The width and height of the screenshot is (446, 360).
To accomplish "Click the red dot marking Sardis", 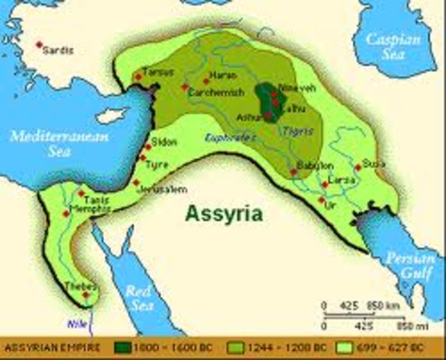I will tap(39, 45).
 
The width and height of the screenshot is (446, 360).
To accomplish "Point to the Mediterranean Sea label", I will tap(59, 143).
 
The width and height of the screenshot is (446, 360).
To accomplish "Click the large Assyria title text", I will tap(225, 214).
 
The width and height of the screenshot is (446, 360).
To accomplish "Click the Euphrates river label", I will tap(227, 138).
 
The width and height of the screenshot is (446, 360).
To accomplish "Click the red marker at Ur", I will tap(321, 200).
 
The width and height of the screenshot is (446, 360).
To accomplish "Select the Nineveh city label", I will tap(292, 86).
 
